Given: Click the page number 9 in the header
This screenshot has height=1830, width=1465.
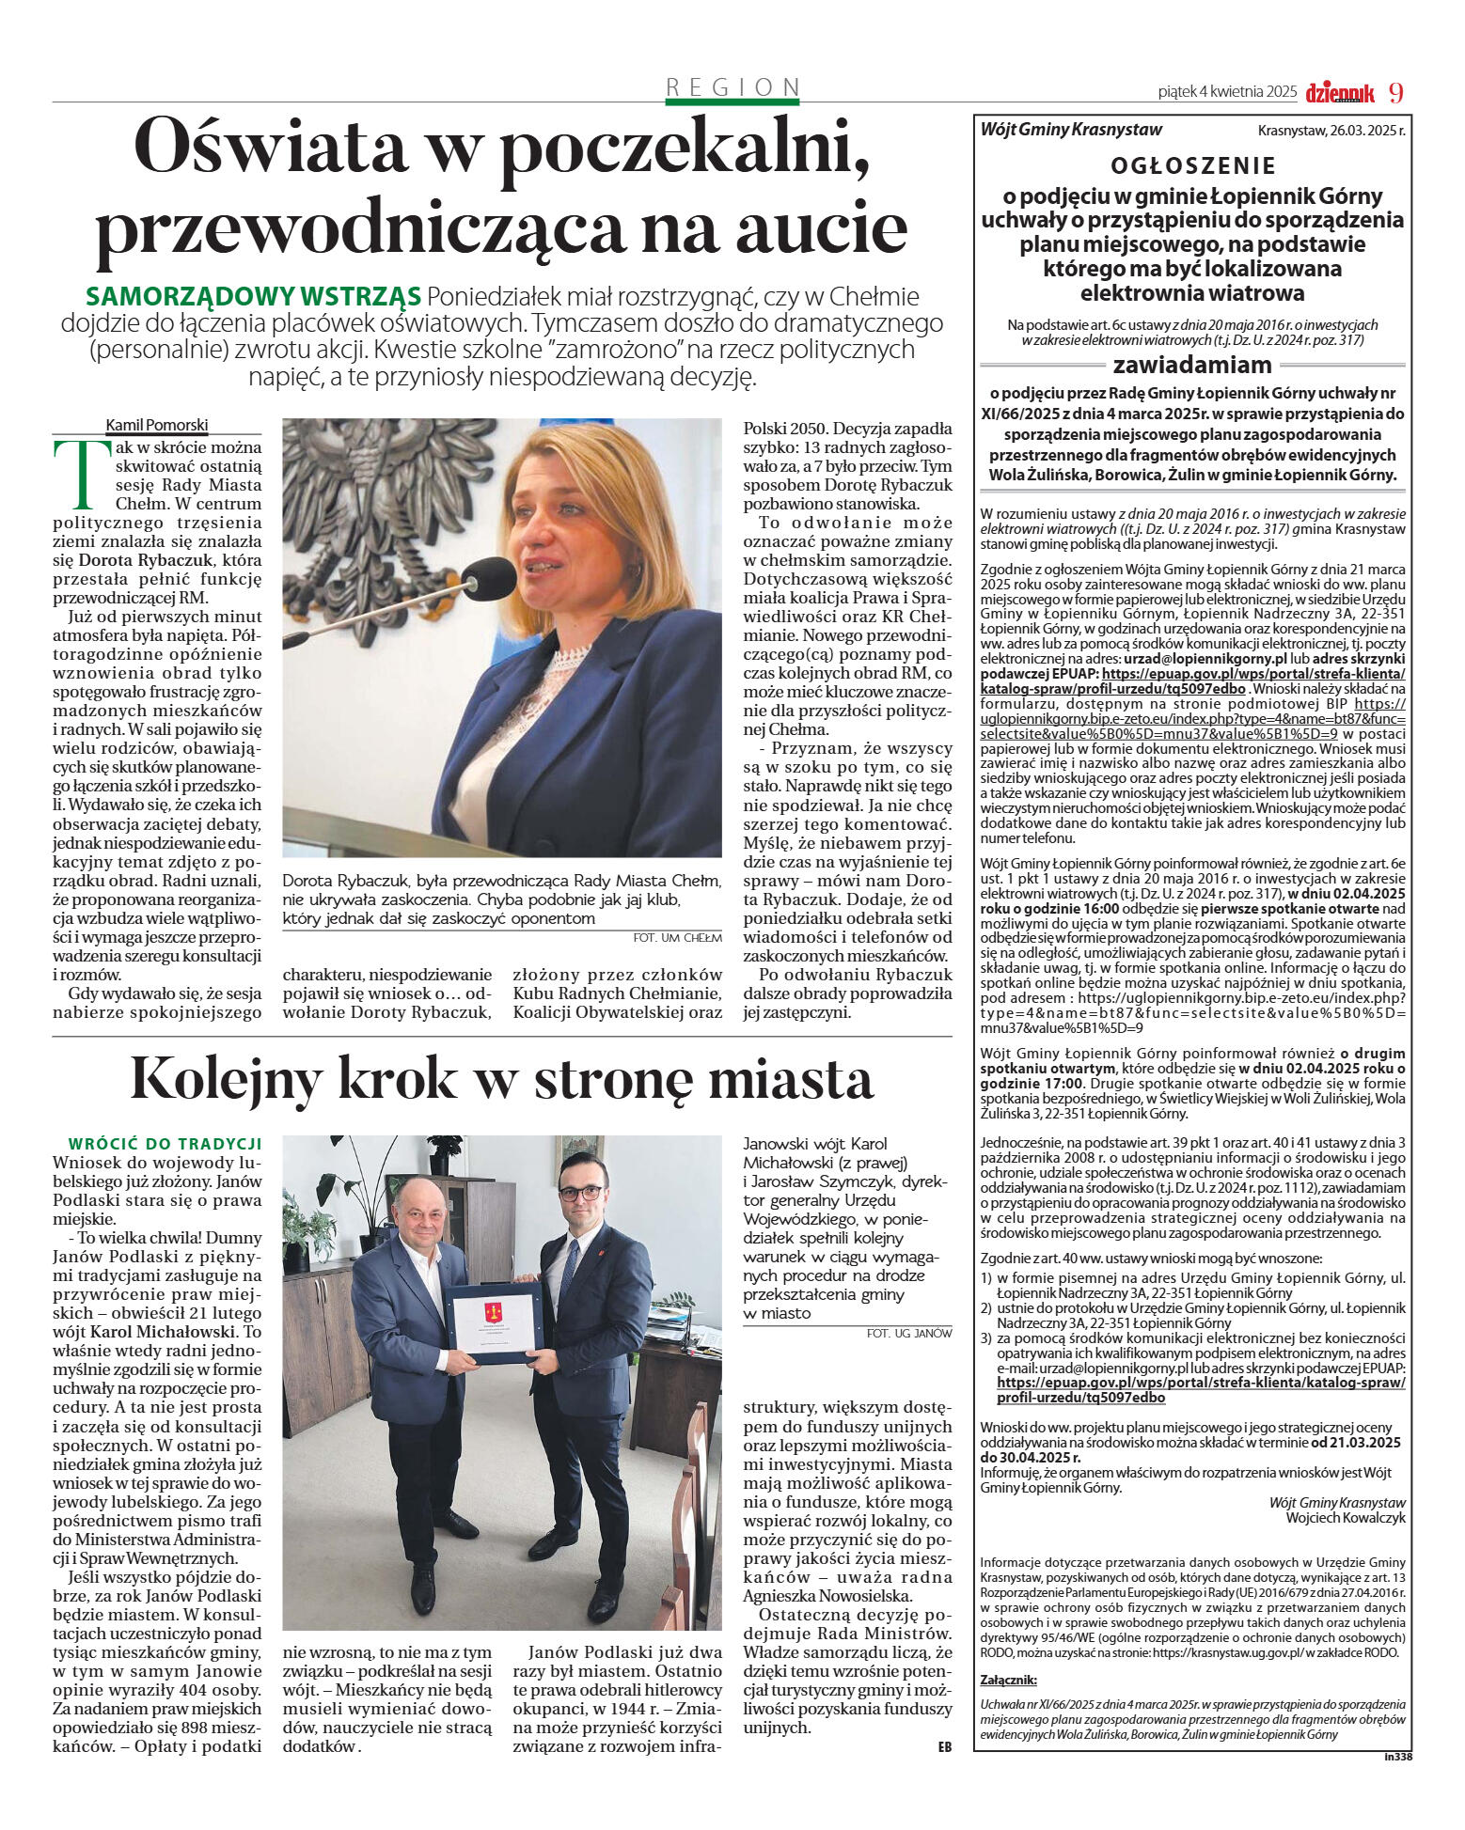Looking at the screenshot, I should (1395, 92).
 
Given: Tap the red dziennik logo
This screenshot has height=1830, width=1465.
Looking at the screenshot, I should (1339, 92).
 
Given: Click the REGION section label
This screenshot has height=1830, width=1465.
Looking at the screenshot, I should (732, 87).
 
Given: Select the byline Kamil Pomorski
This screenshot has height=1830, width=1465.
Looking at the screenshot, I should (156, 425).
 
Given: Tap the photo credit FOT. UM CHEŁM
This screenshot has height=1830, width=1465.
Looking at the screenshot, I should (677, 937).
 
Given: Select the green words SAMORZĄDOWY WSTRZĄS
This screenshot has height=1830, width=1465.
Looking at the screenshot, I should (253, 297).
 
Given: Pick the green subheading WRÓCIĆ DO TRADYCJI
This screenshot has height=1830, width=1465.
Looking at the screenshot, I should (165, 1144).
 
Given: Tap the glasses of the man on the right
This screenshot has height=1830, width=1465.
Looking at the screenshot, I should (580, 1193).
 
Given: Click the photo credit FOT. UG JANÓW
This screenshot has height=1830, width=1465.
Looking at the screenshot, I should (908, 1333).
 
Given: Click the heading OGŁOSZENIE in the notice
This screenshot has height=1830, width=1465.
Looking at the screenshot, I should (1192, 166).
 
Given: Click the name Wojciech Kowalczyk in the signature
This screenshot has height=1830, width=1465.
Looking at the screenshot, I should (1345, 1517).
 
